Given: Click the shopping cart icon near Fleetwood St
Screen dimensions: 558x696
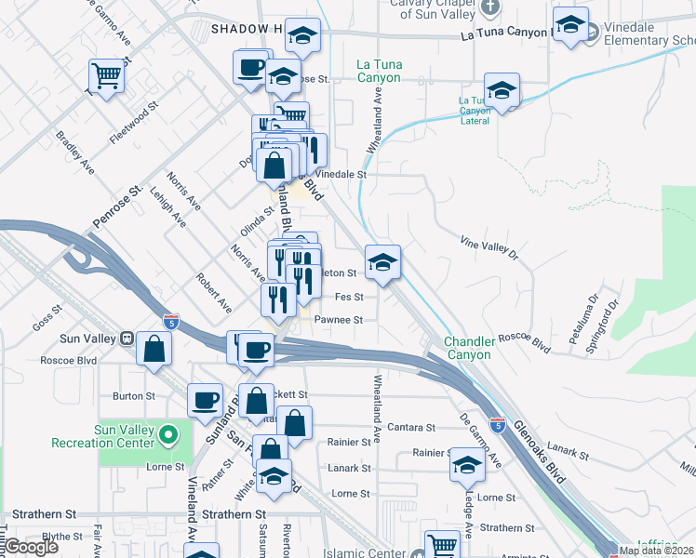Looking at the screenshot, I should (x=107, y=76).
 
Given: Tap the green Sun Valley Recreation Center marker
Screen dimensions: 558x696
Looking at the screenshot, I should (x=167, y=434).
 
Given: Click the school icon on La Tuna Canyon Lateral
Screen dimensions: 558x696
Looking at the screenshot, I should (x=502, y=90).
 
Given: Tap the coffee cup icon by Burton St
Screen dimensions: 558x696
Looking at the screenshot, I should (x=206, y=401).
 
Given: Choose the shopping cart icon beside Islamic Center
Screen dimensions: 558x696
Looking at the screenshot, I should (x=442, y=546).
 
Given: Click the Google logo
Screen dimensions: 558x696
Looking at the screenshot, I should (x=32, y=547).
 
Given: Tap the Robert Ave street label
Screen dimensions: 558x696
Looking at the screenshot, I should (x=214, y=293).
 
